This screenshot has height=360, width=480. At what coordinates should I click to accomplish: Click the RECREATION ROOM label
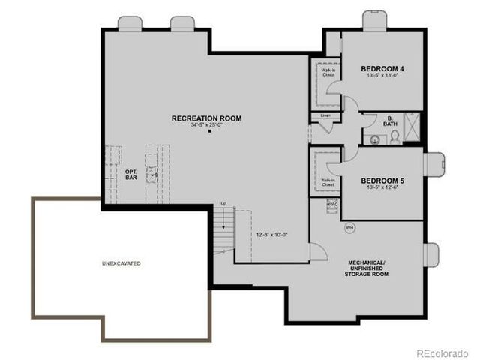(x=206, y=118)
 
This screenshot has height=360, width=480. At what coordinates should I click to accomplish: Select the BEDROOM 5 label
(x=382, y=181)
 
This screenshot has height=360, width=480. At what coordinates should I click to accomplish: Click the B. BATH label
(x=391, y=121)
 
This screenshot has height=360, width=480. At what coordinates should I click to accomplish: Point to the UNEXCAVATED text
(x=121, y=263)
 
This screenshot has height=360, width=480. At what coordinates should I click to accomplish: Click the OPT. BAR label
(x=130, y=175)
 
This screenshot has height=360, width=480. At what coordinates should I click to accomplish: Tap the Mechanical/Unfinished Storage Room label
(x=367, y=268)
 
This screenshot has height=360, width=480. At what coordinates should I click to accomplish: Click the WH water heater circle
(x=349, y=227)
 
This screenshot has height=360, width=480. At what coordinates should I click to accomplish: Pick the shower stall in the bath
(x=411, y=127)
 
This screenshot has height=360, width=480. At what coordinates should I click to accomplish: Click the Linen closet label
(x=325, y=115)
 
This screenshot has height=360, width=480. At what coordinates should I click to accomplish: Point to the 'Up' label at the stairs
(x=223, y=204)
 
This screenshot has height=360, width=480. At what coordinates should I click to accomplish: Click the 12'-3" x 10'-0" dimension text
(x=272, y=234)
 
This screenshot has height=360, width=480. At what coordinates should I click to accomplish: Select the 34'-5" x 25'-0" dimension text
(x=206, y=124)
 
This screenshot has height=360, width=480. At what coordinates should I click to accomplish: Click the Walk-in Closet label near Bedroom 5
(x=328, y=182)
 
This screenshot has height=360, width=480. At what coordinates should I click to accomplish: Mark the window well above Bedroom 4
(x=374, y=20)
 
